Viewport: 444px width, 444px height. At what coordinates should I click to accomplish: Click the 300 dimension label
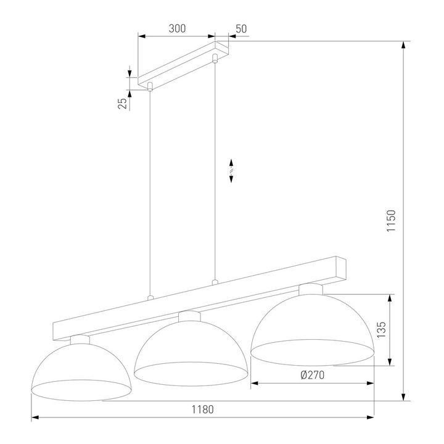pyautogui.click(x=177, y=29)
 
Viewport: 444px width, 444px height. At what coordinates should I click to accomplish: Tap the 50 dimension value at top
pyautogui.click(x=241, y=29)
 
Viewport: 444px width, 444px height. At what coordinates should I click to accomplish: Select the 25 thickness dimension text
pyautogui.click(x=122, y=103)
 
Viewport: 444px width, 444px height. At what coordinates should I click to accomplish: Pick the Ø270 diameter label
pyautogui.click(x=313, y=374)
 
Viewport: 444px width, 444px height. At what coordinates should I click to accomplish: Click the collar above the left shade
pyautogui.click(x=80, y=339)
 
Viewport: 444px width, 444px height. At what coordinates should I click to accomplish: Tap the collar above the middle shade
pyautogui.click(x=190, y=316)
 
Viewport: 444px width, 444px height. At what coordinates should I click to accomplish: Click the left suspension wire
pyautogui.click(x=150, y=191)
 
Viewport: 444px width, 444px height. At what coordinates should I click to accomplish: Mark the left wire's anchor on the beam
pyautogui.click(x=150, y=298)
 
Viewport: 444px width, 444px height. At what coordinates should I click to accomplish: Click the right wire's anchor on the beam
pyautogui.click(x=215, y=282)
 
